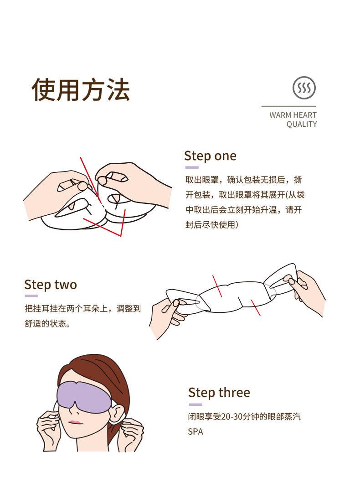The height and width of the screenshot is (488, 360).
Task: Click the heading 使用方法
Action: click(x=81, y=89)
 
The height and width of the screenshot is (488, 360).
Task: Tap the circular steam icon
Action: click(x=304, y=88)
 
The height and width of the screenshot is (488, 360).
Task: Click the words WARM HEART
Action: click(x=293, y=115)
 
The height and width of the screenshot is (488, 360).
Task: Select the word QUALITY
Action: click(x=301, y=125)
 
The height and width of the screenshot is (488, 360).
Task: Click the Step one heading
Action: click(x=210, y=156)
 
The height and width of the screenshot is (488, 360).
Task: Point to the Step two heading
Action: click(x=51, y=285)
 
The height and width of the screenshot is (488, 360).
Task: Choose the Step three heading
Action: click(x=219, y=393)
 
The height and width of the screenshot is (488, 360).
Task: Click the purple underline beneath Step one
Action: click(x=191, y=167)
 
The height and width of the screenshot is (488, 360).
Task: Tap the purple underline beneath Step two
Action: click(x=31, y=296)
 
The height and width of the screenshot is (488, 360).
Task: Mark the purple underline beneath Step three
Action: click(x=195, y=404)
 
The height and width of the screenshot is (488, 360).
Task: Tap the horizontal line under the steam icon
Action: click(x=288, y=106)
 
